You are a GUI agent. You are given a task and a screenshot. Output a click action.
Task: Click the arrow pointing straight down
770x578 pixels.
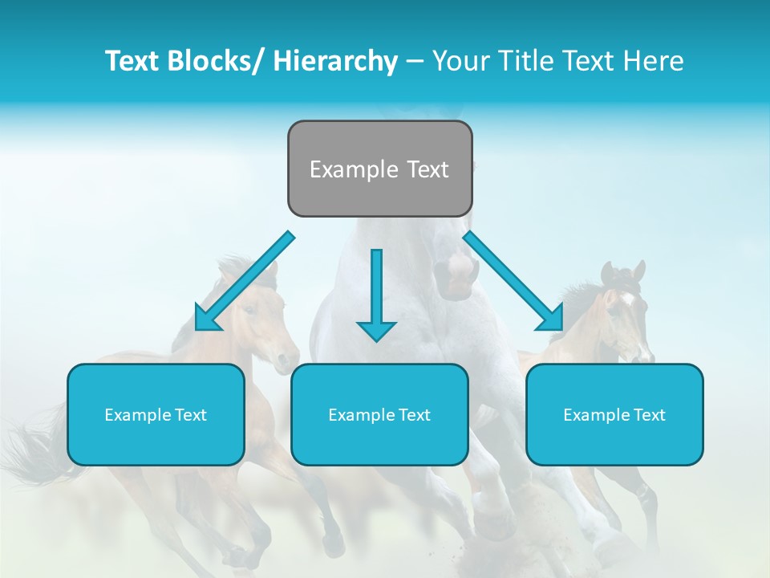tap(376, 297)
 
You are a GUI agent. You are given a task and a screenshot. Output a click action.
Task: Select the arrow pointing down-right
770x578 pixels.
tap(513, 281)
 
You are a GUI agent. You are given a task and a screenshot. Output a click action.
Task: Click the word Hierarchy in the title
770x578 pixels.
tap(335, 61)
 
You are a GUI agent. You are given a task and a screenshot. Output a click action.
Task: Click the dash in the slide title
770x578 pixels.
tap(415, 61)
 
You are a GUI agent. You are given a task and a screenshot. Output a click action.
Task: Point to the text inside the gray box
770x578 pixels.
tap(379, 169)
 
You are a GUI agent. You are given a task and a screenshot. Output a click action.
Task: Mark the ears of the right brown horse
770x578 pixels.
tap(623, 271)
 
